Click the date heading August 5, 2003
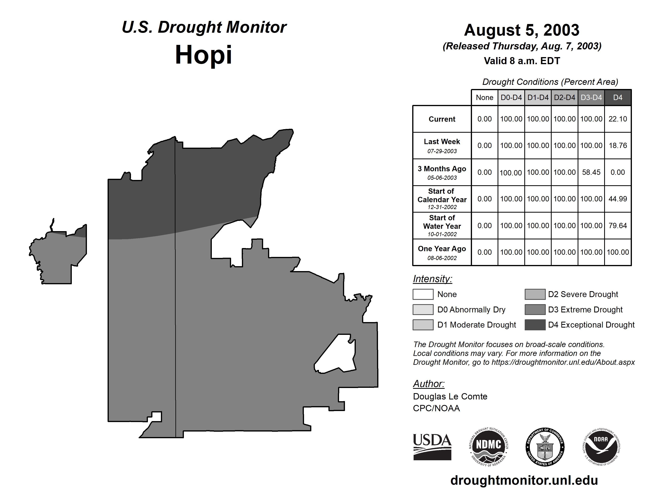[522, 30]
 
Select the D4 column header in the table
[618, 97]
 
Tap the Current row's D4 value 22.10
[618, 119]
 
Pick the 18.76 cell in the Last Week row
[618, 145]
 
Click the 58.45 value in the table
[591, 172]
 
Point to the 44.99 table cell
[618, 199]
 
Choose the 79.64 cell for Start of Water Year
[618, 225]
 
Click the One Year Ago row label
[442, 252]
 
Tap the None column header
[484, 97]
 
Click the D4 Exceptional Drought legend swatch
[535, 325]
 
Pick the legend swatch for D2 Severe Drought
[535, 294]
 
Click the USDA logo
[432, 447]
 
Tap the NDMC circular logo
[489, 447]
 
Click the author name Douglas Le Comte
[450, 396]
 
